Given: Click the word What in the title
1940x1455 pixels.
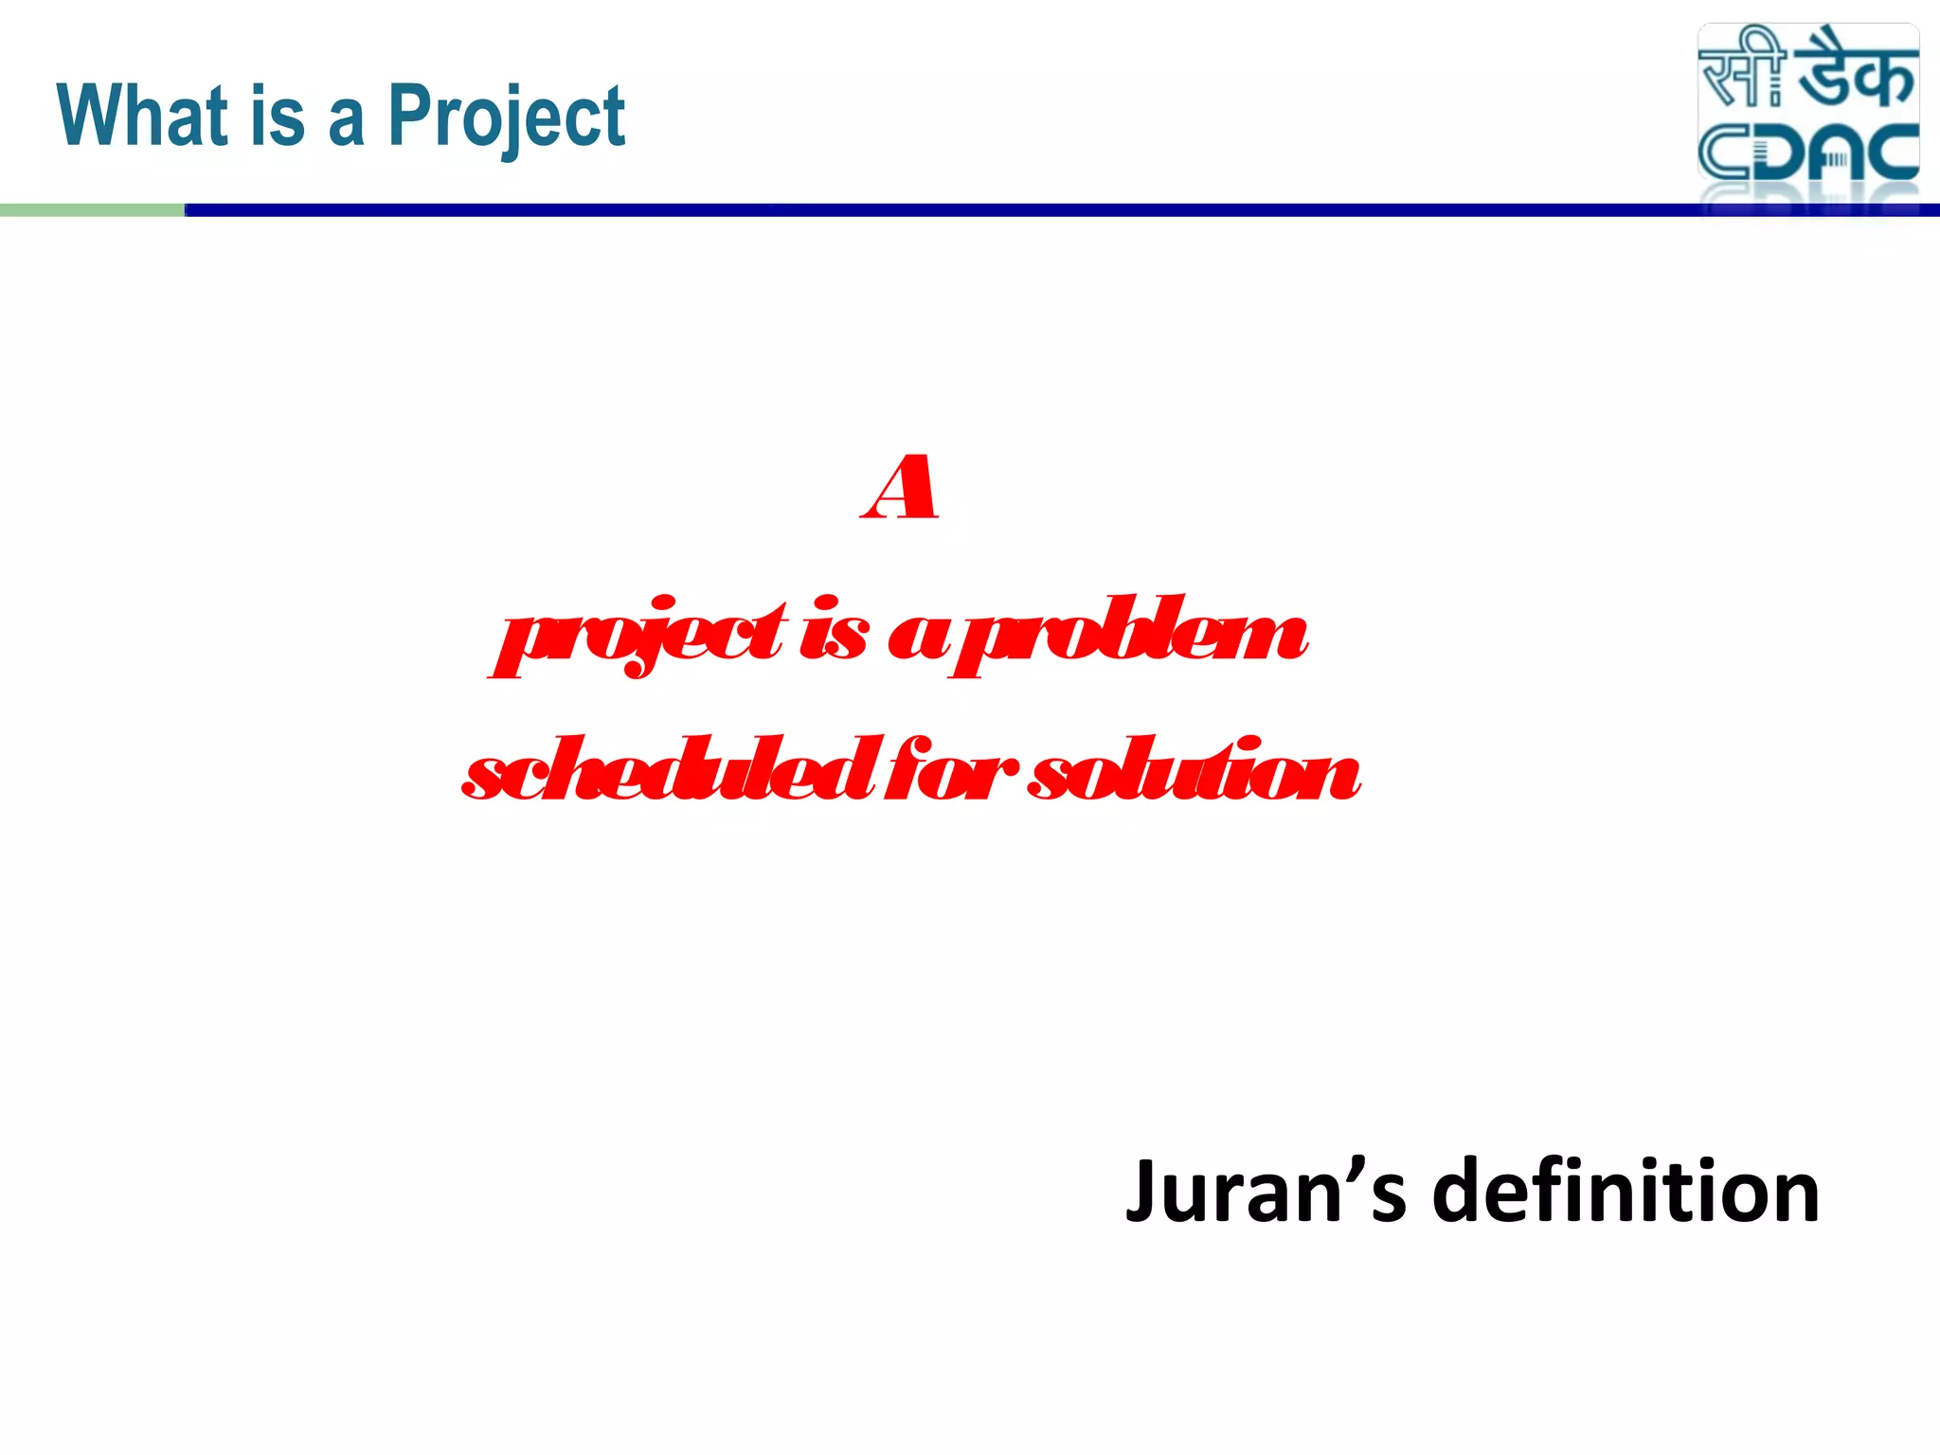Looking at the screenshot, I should click(143, 116).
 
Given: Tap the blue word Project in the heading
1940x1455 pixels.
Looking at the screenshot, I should click(507, 117).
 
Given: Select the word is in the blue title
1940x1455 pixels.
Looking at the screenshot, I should click(278, 116).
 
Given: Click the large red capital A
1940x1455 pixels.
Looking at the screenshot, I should click(901, 488).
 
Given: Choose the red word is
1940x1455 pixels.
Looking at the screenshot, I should click(833, 630).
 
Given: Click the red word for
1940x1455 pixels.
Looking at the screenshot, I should click(952, 769).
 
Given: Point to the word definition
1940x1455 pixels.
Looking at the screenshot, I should click(1626, 1191).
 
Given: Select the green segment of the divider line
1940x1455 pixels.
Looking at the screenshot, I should click(92, 210).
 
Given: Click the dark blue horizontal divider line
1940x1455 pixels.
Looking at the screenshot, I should click(947, 210).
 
